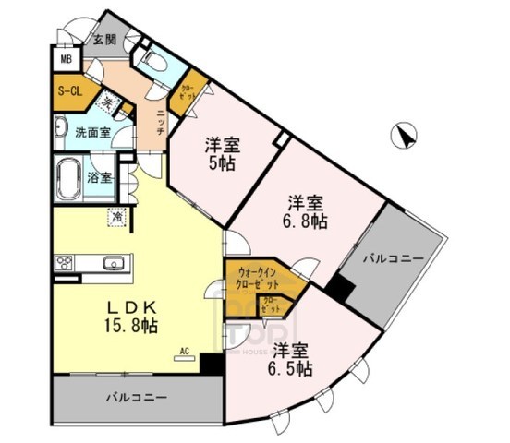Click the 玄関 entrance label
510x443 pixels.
(x=104, y=40)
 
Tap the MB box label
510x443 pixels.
(x=66, y=61)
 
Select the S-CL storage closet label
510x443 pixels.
(x=69, y=92)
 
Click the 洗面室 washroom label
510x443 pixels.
(x=92, y=133)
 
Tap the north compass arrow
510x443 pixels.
(x=404, y=138)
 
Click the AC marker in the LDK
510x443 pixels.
(x=184, y=352)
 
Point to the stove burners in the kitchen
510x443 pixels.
(x=65, y=262)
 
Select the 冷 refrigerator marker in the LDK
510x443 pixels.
(x=118, y=218)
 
